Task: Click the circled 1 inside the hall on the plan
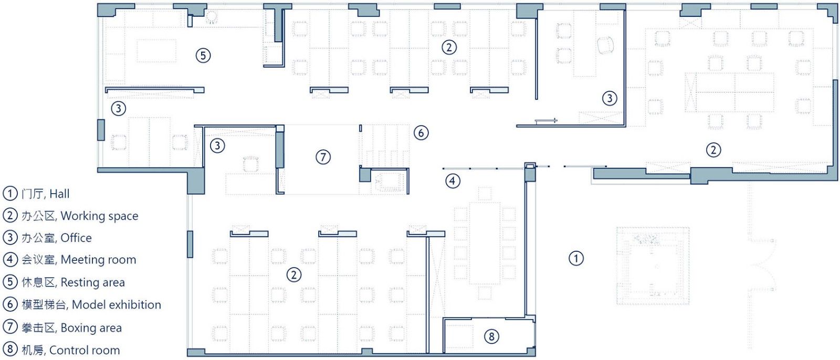tap(576, 258)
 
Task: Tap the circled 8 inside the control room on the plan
tap(491, 336)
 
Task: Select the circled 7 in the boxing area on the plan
tap(323, 157)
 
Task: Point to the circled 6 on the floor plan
tap(421, 133)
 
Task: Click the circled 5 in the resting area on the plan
tap(203, 56)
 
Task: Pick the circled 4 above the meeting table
tap(453, 181)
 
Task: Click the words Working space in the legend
tap(99, 216)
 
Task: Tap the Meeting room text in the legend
tap(98, 259)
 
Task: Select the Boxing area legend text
tap(91, 328)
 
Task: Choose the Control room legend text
tap(85, 350)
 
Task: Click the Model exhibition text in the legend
tap(116, 305)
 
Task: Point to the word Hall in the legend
tap(59, 194)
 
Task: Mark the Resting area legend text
tap(92, 282)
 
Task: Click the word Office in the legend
tap(76, 238)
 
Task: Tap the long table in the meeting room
tap(485, 243)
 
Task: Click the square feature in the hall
tap(653, 266)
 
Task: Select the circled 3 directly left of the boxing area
tap(217, 145)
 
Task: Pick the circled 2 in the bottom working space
tap(293, 275)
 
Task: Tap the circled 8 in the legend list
tap(10, 349)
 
